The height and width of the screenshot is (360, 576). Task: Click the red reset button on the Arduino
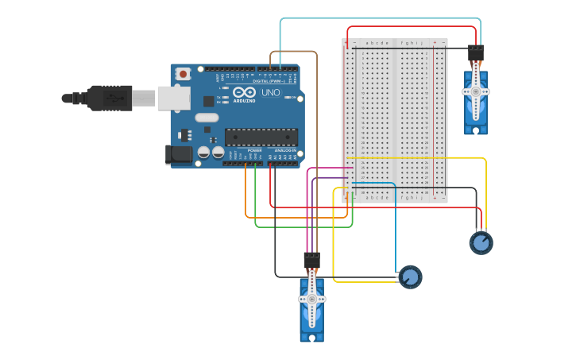pyautogui.click(x=184, y=74)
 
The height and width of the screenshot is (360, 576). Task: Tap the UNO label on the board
pyautogui.click(x=270, y=93)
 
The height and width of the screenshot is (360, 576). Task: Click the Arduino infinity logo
pyautogui.click(x=244, y=92)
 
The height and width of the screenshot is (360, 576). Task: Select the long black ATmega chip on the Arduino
pyautogui.click(x=261, y=137)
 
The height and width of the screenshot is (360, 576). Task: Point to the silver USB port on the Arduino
pyautogui.click(x=174, y=98)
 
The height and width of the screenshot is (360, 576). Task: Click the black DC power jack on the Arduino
pyautogui.click(x=180, y=154)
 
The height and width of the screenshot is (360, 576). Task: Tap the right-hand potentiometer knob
pyautogui.click(x=481, y=242)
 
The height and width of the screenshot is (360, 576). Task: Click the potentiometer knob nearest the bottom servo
pyautogui.click(x=410, y=277)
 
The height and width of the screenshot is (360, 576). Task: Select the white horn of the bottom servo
pyautogui.click(x=311, y=299)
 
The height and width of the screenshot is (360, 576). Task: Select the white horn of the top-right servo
pyautogui.click(x=476, y=91)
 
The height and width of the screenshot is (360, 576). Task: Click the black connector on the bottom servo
pyautogui.click(x=311, y=260)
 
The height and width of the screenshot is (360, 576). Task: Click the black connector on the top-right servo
pyautogui.click(x=476, y=53)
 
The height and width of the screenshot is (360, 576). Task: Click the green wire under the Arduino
pyautogui.click(x=302, y=227)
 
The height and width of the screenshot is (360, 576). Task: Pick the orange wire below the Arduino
pyautogui.click(x=294, y=217)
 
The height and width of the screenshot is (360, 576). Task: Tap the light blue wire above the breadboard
pyautogui.click(x=381, y=18)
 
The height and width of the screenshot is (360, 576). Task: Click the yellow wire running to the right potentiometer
pyautogui.click(x=485, y=191)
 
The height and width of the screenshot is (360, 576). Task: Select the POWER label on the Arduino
pyautogui.click(x=254, y=150)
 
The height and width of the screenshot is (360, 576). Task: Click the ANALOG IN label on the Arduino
pyautogui.click(x=285, y=150)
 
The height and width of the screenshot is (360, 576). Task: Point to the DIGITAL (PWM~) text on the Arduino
pyautogui.click(x=266, y=81)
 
